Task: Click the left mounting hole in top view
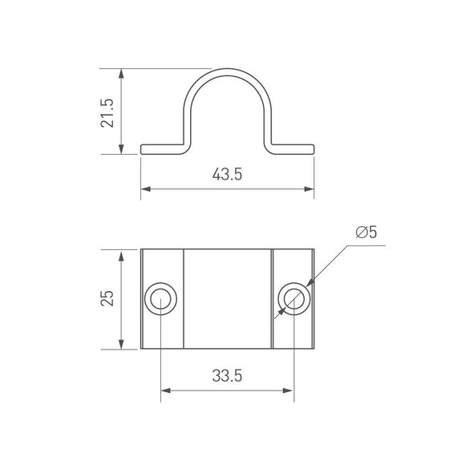[x=161, y=300]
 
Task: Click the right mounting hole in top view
[x=293, y=300]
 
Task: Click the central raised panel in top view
[x=228, y=300]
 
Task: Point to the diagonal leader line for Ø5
[x=329, y=265]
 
